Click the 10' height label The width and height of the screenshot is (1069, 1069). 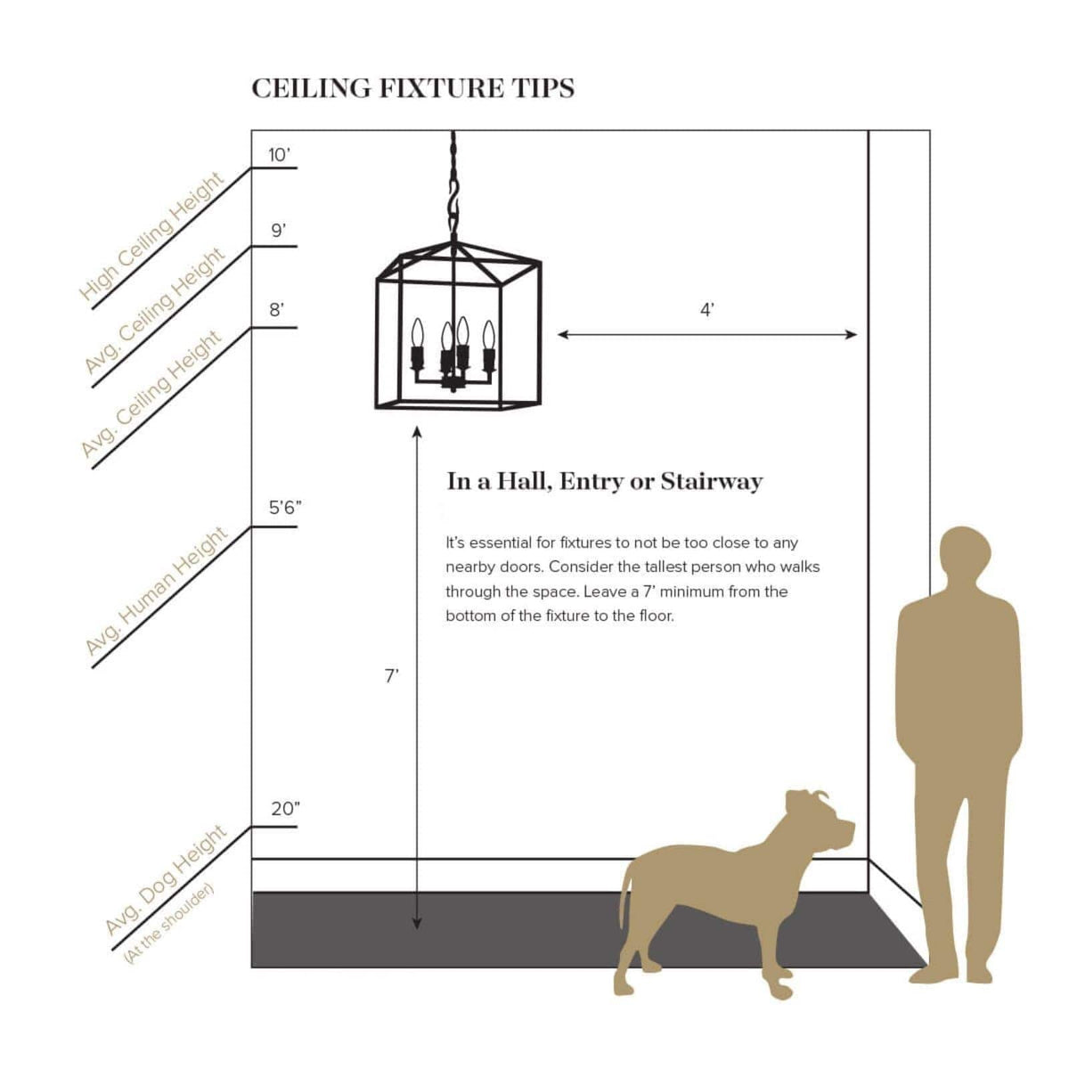point(279,155)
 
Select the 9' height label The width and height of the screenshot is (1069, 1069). point(279,230)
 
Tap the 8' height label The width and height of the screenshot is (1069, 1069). point(277,309)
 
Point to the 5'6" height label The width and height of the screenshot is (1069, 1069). point(285,507)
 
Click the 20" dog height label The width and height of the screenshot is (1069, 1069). point(285,809)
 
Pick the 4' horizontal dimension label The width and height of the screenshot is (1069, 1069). point(706,309)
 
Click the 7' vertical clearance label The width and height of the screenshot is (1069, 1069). point(392,675)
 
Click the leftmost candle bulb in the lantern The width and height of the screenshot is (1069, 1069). point(417,333)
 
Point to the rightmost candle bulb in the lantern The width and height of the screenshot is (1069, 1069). point(488,335)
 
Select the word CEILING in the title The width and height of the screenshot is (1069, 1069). point(311,89)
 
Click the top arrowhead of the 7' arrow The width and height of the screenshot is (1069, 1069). point(417,430)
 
